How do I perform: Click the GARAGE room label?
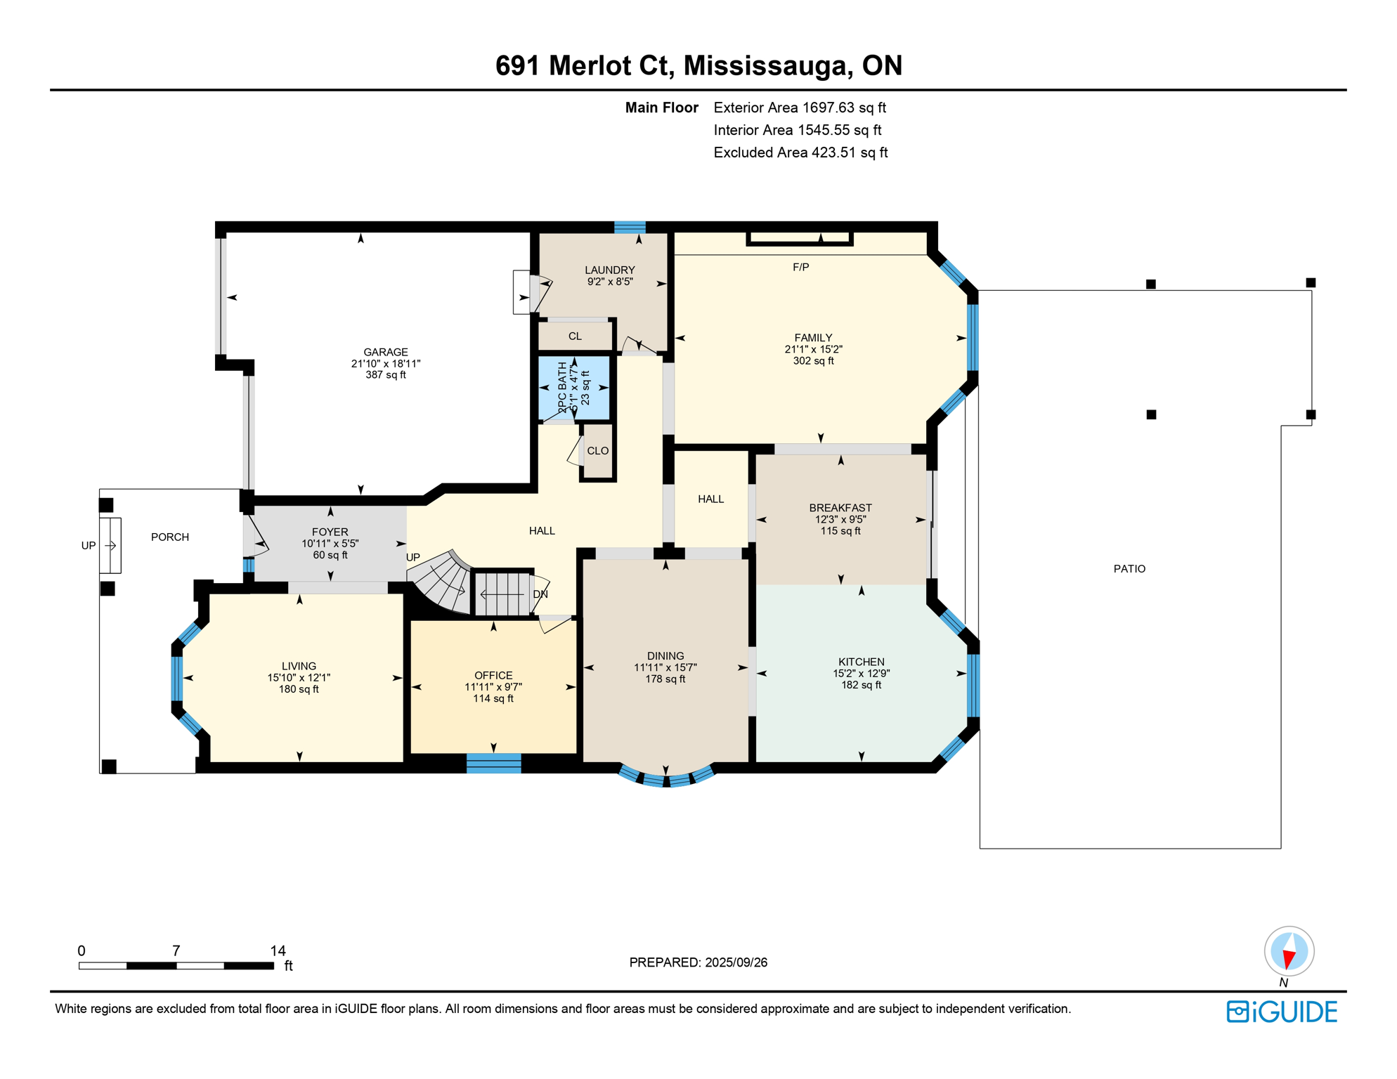pos(385,352)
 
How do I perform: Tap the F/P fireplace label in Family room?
pos(800,267)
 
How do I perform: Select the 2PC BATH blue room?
pos(573,388)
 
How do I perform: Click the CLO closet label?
pos(597,451)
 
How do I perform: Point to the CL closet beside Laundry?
pos(575,336)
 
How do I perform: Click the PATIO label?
pos(1129,569)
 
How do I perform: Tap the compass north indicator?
pos(1288,953)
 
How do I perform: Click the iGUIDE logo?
pos(1281,1012)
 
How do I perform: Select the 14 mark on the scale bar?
pos(278,951)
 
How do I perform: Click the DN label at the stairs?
pos(540,594)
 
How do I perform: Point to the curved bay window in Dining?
pos(665,778)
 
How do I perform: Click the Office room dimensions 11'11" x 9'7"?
pos(493,687)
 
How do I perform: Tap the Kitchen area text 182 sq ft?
pos(861,685)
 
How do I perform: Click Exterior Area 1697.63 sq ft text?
pos(799,107)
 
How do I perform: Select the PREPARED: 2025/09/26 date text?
pos(698,962)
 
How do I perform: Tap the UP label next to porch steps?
pos(88,546)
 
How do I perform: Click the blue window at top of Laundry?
pos(630,227)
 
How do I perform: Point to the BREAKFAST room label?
pos(840,508)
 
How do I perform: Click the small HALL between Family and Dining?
pos(710,499)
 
